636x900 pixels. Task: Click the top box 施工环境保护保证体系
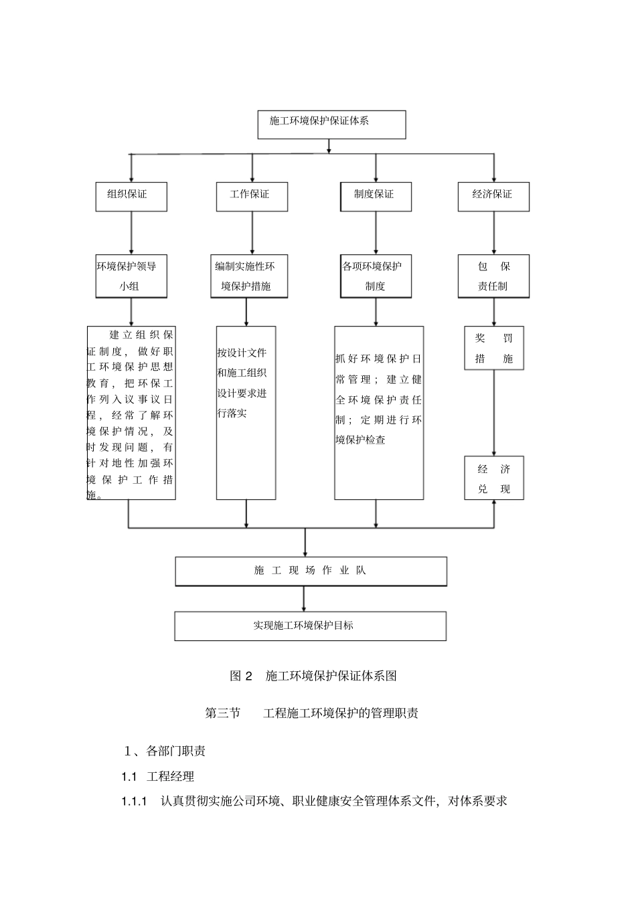click(331, 124)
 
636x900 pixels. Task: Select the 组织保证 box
click(131, 197)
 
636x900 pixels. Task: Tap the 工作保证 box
click(252, 197)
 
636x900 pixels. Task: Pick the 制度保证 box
click(375, 197)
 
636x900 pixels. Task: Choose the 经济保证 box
click(493, 197)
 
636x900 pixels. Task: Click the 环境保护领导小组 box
click(131, 276)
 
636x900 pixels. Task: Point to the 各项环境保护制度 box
click(375, 276)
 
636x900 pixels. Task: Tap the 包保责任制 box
click(493, 276)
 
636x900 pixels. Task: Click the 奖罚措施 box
click(493, 348)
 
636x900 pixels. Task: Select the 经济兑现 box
click(493, 478)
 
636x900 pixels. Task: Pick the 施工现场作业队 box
click(311, 571)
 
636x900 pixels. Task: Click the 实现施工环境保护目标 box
click(311, 626)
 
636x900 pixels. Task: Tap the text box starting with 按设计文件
click(246, 412)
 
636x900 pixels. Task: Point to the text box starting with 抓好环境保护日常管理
click(379, 412)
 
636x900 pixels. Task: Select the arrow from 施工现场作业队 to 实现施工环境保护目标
click(305, 599)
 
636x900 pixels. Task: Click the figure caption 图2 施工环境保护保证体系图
click(313, 676)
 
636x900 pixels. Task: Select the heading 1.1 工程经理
click(158, 776)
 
